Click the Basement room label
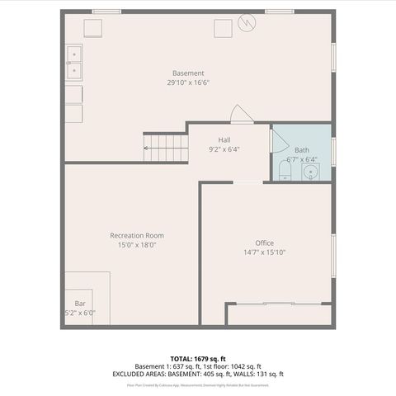pyautogui.click(x=188, y=73)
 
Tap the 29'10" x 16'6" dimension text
pyautogui.click(x=188, y=82)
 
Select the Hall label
pyautogui.click(x=224, y=139)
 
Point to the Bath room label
pyautogui.click(x=301, y=149)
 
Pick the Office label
pyautogui.click(x=264, y=243)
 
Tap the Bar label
pyautogui.click(x=80, y=304)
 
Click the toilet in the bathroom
pyautogui.click(x=285, y=171)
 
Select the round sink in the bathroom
pyautogui.click(x=310, y=172)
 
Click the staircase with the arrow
pyautogui.click(x=167, y=148)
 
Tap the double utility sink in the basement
pyautogui.click(x=73, y=63)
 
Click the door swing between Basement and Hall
pyautogui.click(x=240, y=115)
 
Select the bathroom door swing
pyautogui.click(x=275, y=139)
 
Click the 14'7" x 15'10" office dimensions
pyautogui.click(x=264, y=252)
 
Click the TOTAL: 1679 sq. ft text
pyautogui.click(x=198, y=359)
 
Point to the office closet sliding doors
pyautogui.click(x=278, y=304)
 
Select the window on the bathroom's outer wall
pyautogui.click(x=333, y=151)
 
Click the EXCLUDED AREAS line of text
pyautogui.click(x=198, y=373)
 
